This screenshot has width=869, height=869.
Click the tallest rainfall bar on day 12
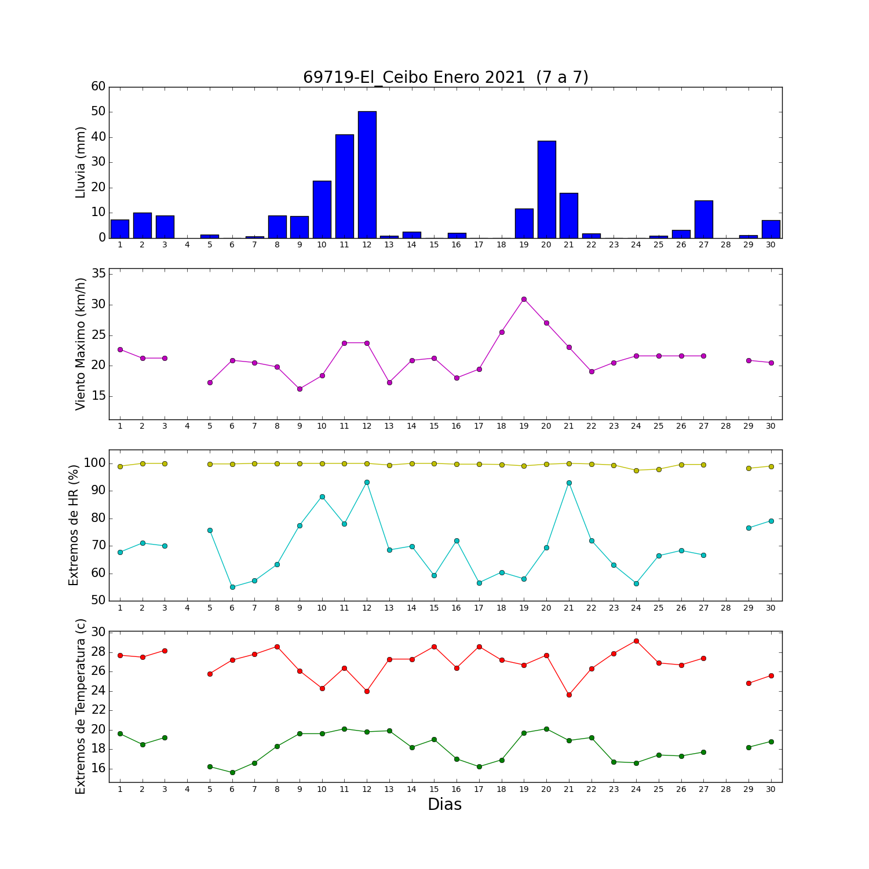tap(367, 174)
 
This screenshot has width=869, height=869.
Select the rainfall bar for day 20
tap(546, 189)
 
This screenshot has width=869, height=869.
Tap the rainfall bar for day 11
tap(344, 186)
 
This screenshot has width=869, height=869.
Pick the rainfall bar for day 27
tap(703, 219)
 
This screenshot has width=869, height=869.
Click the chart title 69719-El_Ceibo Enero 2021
tap(414, 78)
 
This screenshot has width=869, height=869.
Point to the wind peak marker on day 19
tap(524, 299)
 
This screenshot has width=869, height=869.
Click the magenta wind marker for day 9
tap(300, 389)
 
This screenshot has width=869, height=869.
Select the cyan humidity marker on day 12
tap(367, 482)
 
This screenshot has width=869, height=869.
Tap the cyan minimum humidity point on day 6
tap(232, 587)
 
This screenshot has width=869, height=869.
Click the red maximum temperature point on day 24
tap(636, 641)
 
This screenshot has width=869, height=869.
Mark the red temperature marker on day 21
tap(569, 695)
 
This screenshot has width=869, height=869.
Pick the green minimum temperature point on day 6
tap(232, 772)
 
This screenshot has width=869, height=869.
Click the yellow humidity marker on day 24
tap(636, 470)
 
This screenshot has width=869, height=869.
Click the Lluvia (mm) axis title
tap(81, 162)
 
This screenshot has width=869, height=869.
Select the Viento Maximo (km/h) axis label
tap(81, 344)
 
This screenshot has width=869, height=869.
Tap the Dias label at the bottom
tap(445, 805)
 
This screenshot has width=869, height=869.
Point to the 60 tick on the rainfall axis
tap(98, 86)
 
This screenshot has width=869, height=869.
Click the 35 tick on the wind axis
tap(98, 274)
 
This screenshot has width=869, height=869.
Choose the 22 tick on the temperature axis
tap(98, 710)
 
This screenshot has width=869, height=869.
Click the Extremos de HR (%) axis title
tap(74, 525)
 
